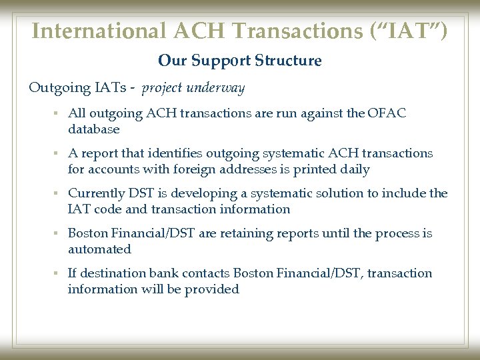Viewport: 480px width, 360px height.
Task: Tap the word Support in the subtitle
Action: click(221, 61)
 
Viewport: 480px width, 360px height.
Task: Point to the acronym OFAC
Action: click(387, 113)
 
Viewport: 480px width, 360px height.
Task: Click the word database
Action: click(94, 129)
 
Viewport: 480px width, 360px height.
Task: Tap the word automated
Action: click(99, 249)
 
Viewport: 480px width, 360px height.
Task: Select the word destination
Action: click(112, 273)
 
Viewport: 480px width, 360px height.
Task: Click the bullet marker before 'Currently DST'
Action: click(58, 194)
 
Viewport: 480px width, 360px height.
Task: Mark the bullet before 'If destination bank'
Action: click(58, 274)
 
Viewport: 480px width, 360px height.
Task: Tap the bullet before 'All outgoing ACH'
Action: click(58, 114)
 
